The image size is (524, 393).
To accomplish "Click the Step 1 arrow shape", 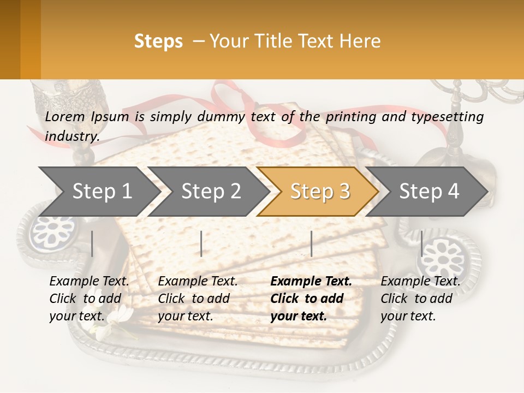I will click(x=102, y=192).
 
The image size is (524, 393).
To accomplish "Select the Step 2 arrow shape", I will click(x=211, y=192).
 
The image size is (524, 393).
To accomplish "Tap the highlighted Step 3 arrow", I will click(x=320, y=192).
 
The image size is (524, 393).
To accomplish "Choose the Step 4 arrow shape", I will click(x=429, y=192).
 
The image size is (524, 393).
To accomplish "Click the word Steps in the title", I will click(x=158, y=41).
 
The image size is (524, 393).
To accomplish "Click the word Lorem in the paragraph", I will click(x=65, y=116).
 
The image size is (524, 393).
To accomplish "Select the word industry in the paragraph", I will click(x=72, y=136).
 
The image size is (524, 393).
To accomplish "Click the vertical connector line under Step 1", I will click(x=92, y=243).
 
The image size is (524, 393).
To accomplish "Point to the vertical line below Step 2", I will click(x=201, y=243).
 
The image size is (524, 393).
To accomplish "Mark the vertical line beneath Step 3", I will click(x=311, y=243).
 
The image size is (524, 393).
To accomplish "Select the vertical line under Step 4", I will click(x=421, y=243).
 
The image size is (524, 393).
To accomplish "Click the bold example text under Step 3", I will click(x=311, y=299).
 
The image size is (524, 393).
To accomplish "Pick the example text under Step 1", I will click(x=89, y=299).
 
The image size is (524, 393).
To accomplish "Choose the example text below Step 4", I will click(x=420, y=299).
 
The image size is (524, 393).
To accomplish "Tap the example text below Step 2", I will click(x=198, y=299).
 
